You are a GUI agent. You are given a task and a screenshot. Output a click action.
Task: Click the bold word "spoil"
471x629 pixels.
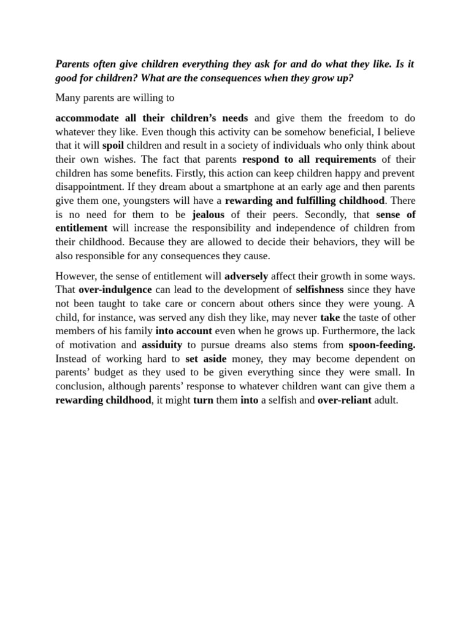(113, 146)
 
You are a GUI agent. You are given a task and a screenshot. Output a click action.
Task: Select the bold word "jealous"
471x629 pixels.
(208, 214)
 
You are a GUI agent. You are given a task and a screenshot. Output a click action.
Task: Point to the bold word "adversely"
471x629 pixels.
(246, 276)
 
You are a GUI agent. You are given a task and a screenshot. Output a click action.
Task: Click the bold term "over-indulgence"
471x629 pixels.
(115, 289)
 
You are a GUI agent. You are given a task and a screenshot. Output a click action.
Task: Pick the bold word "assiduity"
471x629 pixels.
(162, 345)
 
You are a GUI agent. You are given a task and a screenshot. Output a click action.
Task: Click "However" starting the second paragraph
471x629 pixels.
(75, 276)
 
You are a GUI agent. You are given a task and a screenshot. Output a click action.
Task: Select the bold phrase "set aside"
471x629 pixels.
(205, 359)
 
